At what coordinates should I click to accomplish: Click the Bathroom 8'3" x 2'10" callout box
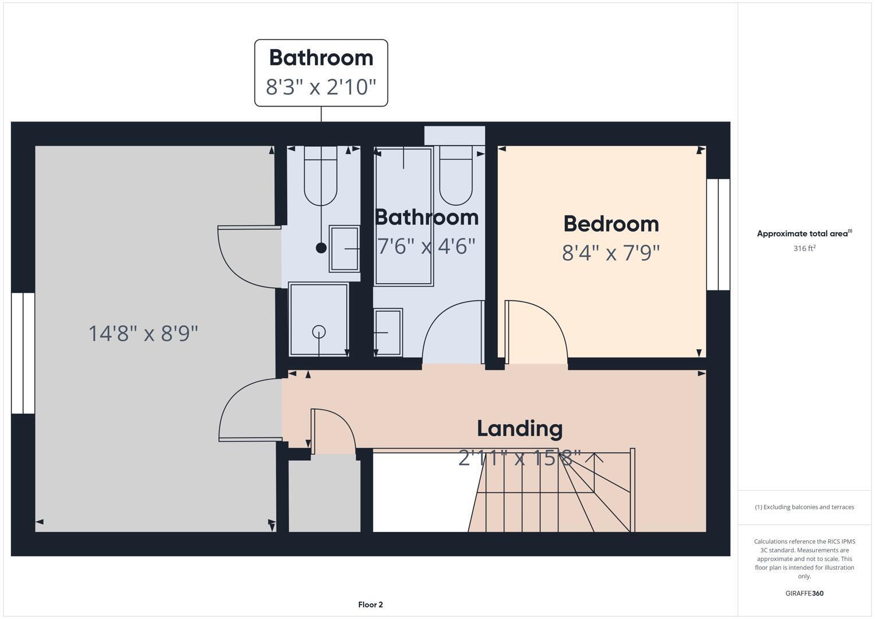(x=321, y=73)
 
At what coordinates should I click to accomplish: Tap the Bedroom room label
(x=611, y=224)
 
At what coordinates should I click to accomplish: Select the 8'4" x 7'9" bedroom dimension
(x=611, y=253)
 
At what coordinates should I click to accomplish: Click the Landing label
(x=520, y=428)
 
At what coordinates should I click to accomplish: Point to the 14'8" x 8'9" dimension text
(x=143, y=333)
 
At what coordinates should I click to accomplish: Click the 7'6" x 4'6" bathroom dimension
(x=426, y=246)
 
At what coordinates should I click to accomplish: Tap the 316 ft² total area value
(x=804, y=248)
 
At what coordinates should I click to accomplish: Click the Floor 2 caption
(x=370, y=605)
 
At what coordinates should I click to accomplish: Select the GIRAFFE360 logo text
(x=804, y=593)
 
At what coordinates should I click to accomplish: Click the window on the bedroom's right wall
(x=718, y=234)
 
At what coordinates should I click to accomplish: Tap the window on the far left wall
(x=23, y=353)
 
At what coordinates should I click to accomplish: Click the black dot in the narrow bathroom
(x=321, y=248)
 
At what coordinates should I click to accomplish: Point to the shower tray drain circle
(x=319, y=331)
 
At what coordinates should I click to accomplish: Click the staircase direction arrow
(x=594, y=459)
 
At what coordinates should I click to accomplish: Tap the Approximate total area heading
(x=804, y=233)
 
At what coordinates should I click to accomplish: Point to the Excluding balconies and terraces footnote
(x=804, y=507)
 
